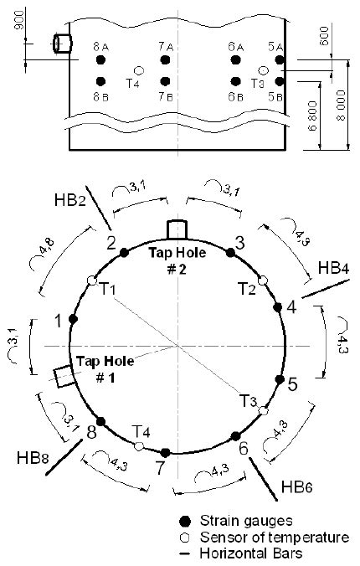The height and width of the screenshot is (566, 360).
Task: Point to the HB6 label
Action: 292,487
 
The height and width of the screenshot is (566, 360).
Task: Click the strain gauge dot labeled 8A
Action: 100,61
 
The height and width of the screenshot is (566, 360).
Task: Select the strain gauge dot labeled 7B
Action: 165,81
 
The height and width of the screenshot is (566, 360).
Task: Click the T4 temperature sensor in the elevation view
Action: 139,71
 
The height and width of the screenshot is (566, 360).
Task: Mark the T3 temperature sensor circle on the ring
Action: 263,410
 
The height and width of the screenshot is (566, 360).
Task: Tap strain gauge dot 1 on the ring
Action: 74,319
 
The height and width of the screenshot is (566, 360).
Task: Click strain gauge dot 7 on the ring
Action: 165,452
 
